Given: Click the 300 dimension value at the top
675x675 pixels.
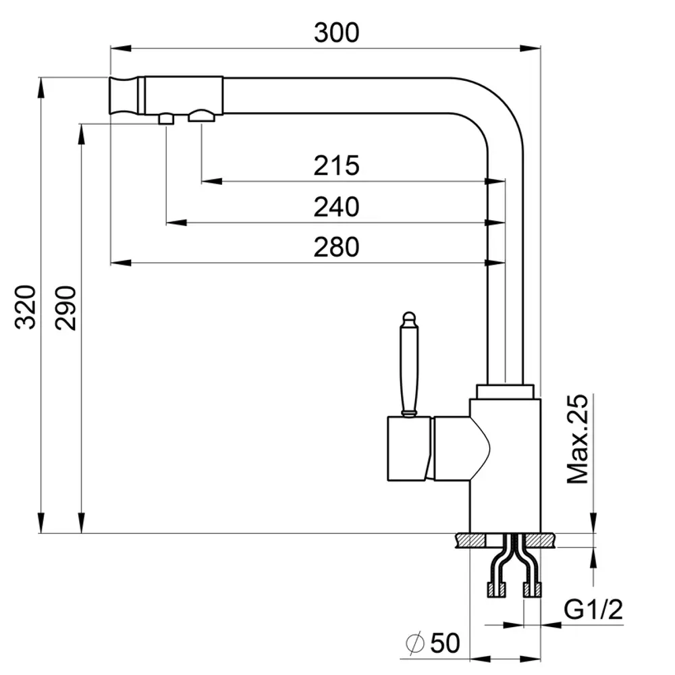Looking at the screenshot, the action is pyautogui.click(x=336, y=32).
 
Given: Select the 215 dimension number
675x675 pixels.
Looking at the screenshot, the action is pyautogui.click(x=336, y=165).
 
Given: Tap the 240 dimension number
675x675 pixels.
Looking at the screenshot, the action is pyautogui.click(x=336, y=207).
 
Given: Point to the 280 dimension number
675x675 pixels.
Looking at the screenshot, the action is pyautogui.click(x=336, y=247).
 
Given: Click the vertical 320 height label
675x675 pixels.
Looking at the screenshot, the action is pyautogui.click(x=26, y=307).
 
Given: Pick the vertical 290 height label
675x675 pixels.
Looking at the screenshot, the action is pyautogui.click(x=66, y=307).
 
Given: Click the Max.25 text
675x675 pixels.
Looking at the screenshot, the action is pyautogui.click(x=577, y=439).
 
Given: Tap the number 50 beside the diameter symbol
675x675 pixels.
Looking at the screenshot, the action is pyautogui.click(x=445, y=643).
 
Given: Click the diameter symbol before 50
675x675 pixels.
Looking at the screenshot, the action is pyautogui.click(x=415, y=643).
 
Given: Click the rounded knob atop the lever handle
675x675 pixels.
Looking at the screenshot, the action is pyautogui.click(x=409, y=319).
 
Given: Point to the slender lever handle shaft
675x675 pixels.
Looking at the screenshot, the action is pyautogui.click(x=408, y=370).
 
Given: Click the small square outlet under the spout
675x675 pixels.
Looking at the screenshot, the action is pyautogui.click(x=166, y=118).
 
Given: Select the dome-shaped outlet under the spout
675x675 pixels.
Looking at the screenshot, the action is pyautogui.click(x=201, y=115).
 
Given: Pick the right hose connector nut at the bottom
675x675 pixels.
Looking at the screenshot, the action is pyautogui.click(x=532, y=590).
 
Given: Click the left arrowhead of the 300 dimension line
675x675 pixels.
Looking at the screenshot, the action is pyautogui.click(x=121, y=48).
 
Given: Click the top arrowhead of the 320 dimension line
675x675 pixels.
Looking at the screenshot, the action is pyautogui.click(x=41, y=88).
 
